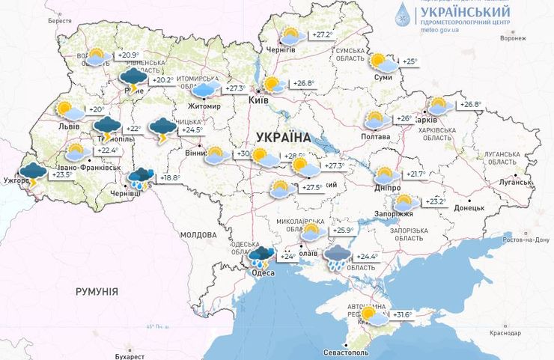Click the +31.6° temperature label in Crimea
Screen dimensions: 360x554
[x=402, y=315]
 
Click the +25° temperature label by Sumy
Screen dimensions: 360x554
[x=409, y=61]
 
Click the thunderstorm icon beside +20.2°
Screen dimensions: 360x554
[x=134, y=79]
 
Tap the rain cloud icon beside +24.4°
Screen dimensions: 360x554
[x=338, y=257]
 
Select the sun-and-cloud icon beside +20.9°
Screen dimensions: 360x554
[x=97, y=56]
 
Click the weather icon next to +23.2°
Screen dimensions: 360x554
[x=405, y=202]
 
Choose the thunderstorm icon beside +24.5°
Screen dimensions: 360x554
[x=162, y=129]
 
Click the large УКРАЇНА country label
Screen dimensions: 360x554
[x=282, y=137]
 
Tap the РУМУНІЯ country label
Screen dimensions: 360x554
[x=97, y=291]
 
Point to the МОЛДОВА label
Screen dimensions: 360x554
[x=198, y=235]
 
